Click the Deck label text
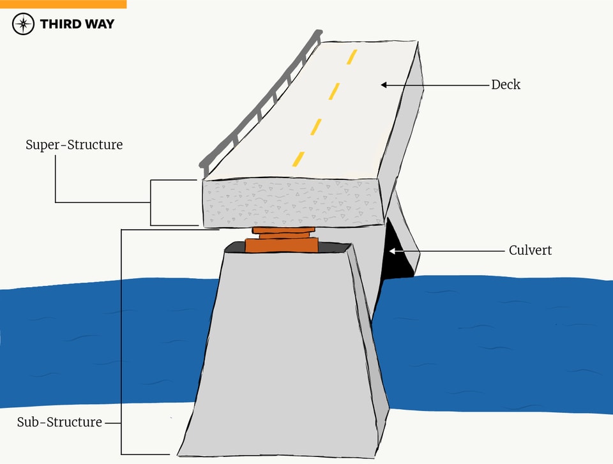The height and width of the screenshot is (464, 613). [x=506, y=85]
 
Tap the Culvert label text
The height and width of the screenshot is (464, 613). [x=530, y=251]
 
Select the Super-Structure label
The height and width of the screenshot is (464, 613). [x=74, y=145]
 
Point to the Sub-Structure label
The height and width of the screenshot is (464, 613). [x=59, y=423]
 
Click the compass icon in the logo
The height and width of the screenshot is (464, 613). [x=24, y=24]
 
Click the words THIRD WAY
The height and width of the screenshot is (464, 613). [x=77, y=24]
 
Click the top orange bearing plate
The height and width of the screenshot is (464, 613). [x=283, y=230]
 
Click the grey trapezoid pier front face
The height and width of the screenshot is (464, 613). [x=281, y=351]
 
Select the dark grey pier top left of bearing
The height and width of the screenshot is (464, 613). [x=237, y=246]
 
